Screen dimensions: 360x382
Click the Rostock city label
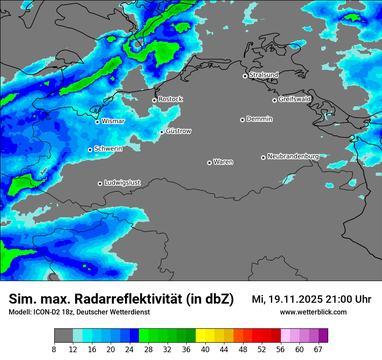point(170,99)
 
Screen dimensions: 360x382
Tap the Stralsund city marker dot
point(245,76)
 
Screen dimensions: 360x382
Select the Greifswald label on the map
point(294,99)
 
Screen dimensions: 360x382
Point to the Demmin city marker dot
point(242,120)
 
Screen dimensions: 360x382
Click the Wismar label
point(113,121)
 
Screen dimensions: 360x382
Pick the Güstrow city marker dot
point(161,132)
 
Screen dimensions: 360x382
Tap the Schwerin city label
point(108,149)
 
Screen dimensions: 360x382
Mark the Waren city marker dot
point(209,163)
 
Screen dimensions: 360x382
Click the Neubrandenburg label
point(293,156)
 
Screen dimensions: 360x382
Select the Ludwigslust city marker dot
point(100,183)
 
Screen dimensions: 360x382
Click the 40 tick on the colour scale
point(205,349)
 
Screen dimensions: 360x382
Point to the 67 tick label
point(318,349)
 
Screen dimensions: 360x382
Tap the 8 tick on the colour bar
point(54,349)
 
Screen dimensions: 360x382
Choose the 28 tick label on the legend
point(148,349)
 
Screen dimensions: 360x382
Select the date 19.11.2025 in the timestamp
point(294,299)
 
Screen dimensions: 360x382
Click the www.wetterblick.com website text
point(313,312)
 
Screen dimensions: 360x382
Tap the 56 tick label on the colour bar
point(281,349)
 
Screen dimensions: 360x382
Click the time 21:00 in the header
point(335,299)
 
